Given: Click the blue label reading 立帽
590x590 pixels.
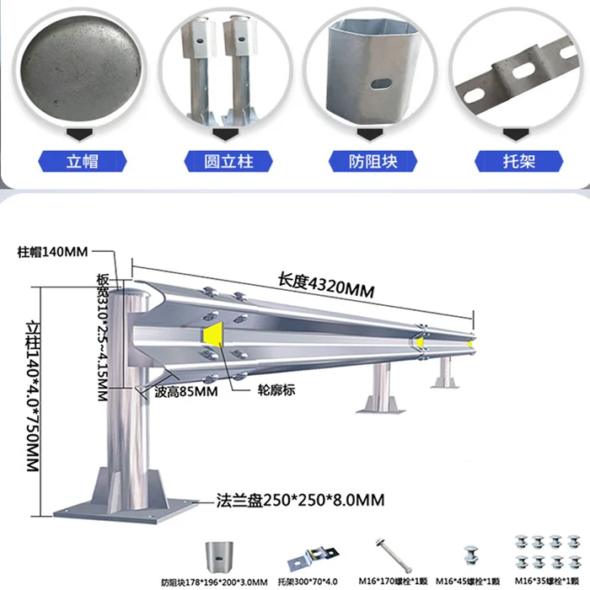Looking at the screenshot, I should point(82,161).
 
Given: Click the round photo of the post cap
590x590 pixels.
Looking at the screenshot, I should point(78,68).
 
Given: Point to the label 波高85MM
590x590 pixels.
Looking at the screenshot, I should point(185,391).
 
